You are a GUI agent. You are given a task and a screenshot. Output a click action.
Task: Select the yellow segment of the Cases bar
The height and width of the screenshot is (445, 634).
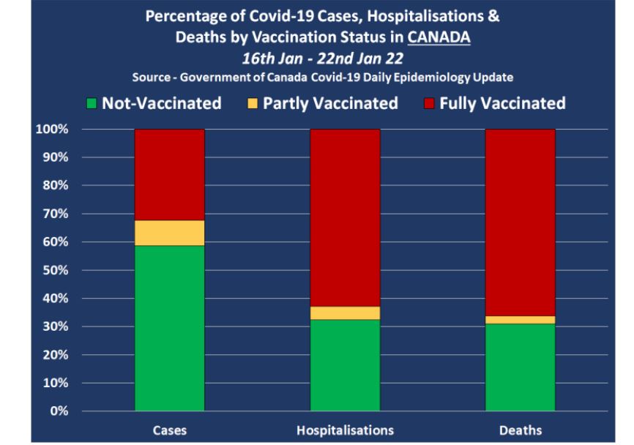coord(169,233)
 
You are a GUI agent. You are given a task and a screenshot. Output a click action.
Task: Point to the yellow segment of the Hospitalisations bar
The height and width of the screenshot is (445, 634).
coord(345,313)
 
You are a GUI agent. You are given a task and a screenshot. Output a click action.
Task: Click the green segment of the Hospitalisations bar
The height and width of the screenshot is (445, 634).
coord(345,365)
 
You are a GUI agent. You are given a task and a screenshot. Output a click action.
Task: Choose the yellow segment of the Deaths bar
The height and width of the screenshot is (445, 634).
coord(521,320)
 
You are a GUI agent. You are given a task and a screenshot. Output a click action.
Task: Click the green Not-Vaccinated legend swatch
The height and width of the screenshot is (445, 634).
coord(91,104)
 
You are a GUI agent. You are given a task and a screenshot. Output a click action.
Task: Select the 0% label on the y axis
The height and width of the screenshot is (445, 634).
coord(58,411)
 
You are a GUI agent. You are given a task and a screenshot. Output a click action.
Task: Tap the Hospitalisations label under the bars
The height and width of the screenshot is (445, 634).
coord(345,431)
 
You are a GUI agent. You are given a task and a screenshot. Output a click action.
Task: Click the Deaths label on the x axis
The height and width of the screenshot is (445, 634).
coord(521,431)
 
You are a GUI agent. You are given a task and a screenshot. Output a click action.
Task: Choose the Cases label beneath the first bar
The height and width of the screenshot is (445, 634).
coord(169,431)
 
